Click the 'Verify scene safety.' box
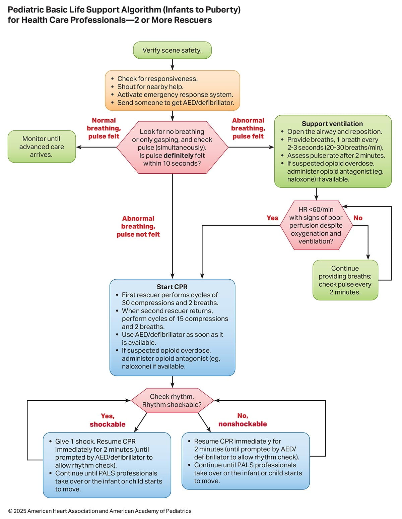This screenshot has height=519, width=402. [172, 50]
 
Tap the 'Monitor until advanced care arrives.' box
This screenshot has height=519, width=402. [42, 147]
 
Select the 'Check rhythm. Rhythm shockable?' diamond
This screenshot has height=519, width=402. [172, 400]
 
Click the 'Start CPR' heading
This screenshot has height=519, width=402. [172, 287]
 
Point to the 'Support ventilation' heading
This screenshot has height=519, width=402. [332, 124]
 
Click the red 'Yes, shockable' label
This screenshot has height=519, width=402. [108, 420]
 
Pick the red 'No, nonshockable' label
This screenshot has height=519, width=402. [243, 420]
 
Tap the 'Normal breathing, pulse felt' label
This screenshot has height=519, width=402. [104, 128]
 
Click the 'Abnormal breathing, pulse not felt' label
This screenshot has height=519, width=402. [138, 226]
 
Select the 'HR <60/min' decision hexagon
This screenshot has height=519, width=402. [316, 225]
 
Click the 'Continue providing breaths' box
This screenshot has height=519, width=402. [345, 280]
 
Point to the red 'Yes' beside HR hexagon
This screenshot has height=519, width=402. [272, 218]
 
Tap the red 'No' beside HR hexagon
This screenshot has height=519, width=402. [358, 218]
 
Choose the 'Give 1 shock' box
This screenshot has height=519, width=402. [107, 465]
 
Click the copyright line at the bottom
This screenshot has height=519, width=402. [100, 511]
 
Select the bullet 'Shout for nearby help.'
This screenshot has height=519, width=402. [150, 86]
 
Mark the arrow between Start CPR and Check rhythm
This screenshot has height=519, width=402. [172, 382]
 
